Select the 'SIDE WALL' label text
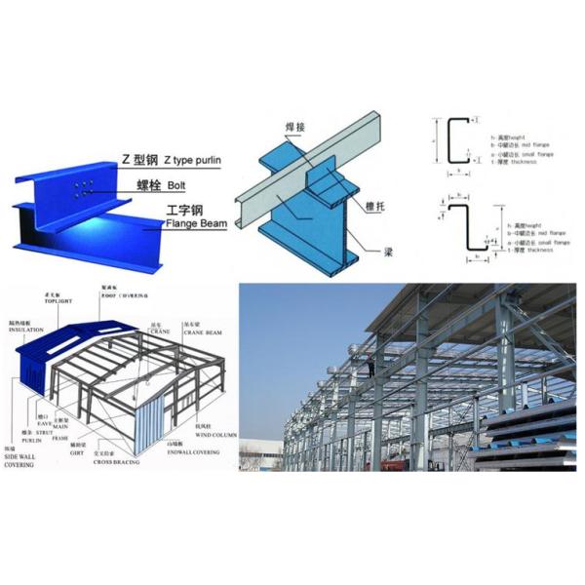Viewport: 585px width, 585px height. (24, 455)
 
